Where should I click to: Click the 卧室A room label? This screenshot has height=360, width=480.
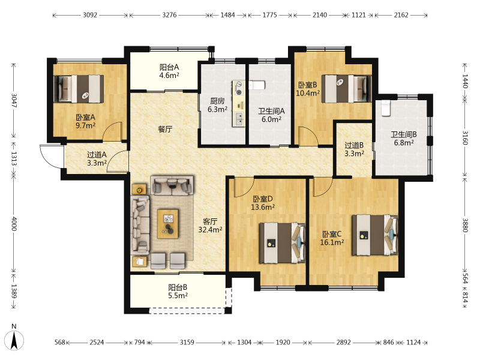(x=85, y=117)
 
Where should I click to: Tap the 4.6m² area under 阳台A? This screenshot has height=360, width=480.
(x=169, y=76)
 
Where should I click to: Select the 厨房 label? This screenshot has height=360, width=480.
(x=217, y=101)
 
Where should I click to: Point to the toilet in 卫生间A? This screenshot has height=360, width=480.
(x=257, y=85)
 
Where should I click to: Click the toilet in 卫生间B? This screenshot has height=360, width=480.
(x=386, y=108)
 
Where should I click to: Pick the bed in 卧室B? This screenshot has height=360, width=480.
(x=346, y=89)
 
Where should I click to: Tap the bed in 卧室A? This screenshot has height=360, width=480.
(x=79, y=89)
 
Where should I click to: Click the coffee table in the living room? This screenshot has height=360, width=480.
(x=168, y=224)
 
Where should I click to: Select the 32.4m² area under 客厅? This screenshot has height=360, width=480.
(x=210, y=230)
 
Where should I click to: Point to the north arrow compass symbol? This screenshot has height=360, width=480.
(x=14, y=339)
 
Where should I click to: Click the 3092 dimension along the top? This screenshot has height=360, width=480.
(x=90, y=15)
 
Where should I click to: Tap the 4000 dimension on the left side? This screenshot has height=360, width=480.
(x=14, y=224)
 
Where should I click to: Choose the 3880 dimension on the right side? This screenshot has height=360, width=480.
(x=465, y=225)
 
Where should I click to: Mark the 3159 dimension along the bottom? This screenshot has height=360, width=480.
(x=187, y=342)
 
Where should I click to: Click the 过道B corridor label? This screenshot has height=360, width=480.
(x=354, y=145)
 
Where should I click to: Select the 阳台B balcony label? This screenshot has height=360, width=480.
(x=178, y=287)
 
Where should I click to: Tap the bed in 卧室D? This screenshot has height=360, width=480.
(x=282, y=243)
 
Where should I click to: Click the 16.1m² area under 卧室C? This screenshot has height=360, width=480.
(x=332, y=242)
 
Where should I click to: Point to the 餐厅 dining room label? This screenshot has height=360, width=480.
(x=165, y=129)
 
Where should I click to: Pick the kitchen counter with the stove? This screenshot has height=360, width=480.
(x=239, y=103)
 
